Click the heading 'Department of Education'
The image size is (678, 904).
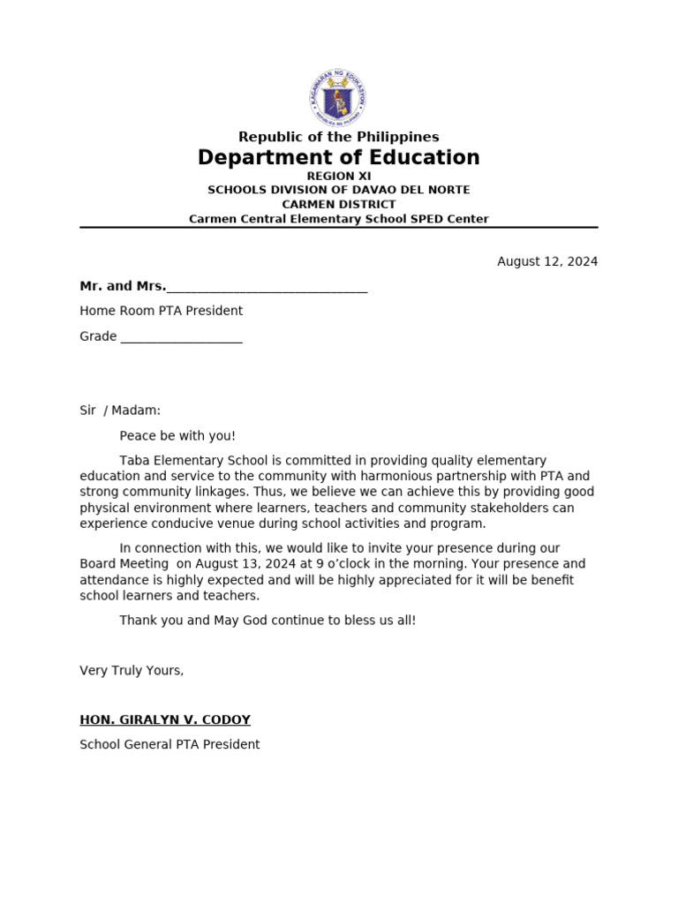pyautogui.click(x=338, y=158)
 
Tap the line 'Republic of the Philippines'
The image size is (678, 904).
pyautogui.click(x=338, y=137)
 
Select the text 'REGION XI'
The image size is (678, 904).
pyautogui.click(x=338, y=177)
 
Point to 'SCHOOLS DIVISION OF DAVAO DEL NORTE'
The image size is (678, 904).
pyautogui.click(x=338, y=190)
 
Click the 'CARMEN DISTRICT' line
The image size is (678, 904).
pyautogui.click(x=338, y=204)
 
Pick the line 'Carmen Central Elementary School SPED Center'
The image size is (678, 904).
pyautogui.click(x=338, y=218)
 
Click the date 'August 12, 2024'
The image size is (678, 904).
pyautogui.click(x=547, y=261)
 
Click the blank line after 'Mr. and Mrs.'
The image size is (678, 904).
pyautogui.click(x=267, y=287)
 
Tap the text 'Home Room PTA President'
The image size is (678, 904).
pyautogui.click(x=161, y=311)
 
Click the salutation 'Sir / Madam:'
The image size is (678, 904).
pyautogui.click(x=120, y=411)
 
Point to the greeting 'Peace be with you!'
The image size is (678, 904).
pyautogui.click(x=177, y=436)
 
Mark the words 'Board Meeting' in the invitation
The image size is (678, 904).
pyautogui.click(x=124, y=564)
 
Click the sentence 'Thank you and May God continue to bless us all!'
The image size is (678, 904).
pyautogui.click(x=267, y=621)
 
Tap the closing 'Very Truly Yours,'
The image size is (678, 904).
pyautogui.click(x=132, y=671)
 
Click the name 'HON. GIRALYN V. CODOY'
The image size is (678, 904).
pyautogui.click(x=165, y=719)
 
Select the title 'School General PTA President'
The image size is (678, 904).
pyautogui.click(x=169, y=744)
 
